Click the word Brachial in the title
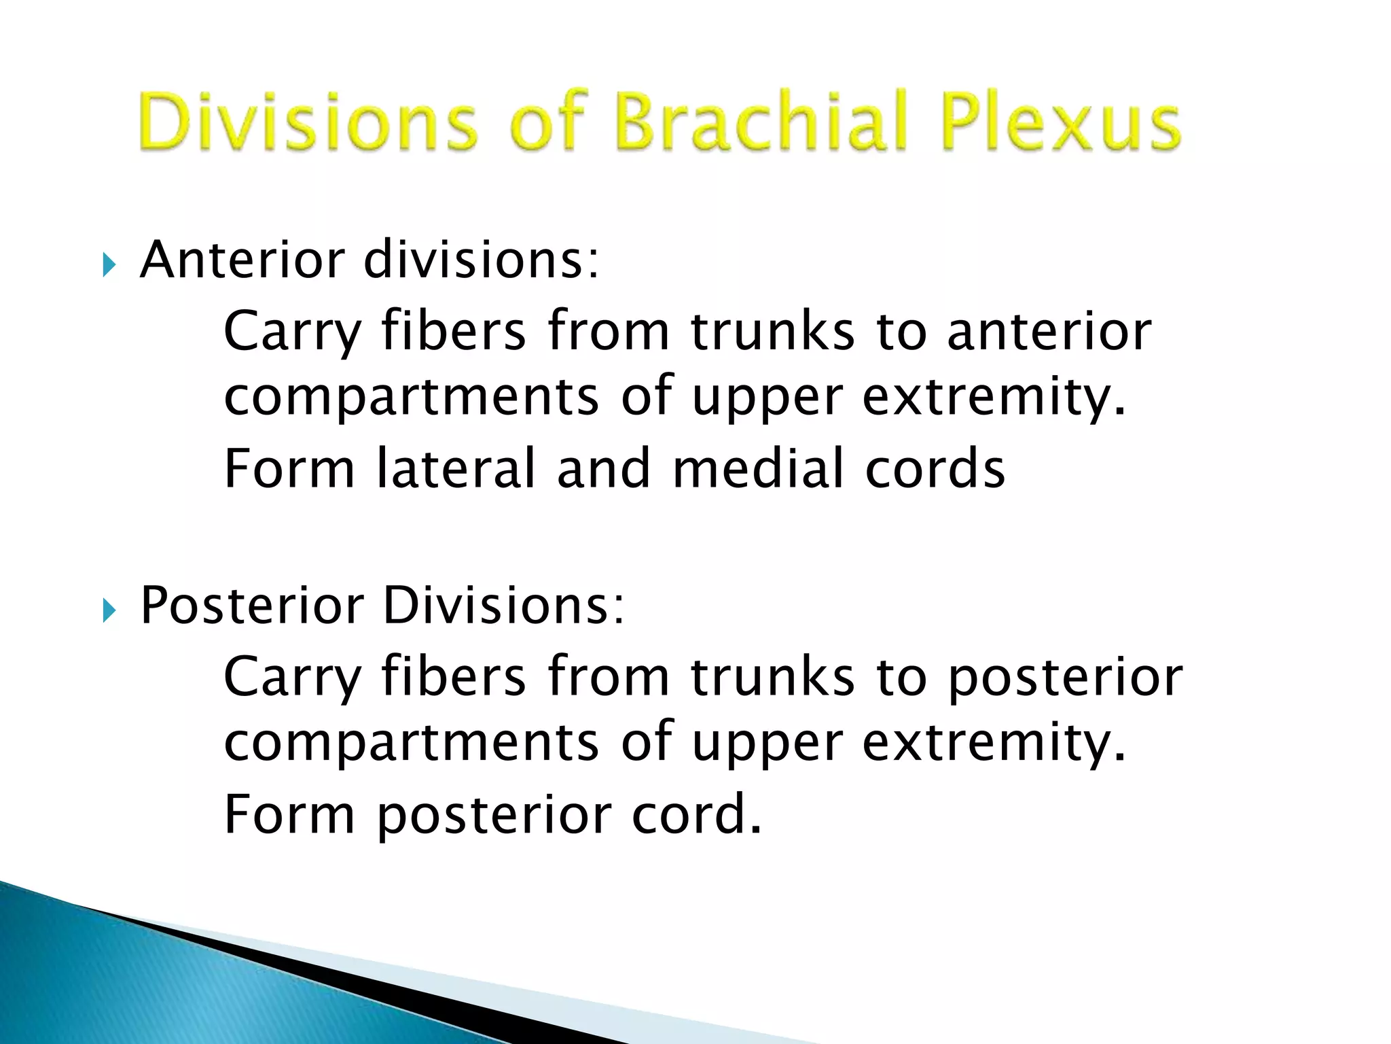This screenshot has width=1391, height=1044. pos(761,122)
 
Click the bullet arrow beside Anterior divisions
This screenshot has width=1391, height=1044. pos(109,264)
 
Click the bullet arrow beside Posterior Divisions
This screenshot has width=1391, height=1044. pos(109,610)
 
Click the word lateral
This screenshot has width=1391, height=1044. pos(456,468)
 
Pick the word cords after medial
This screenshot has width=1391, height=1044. pos(935,468)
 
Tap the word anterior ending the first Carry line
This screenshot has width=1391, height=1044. pos(1049,331)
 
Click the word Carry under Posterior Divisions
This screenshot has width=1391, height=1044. pos(293,678)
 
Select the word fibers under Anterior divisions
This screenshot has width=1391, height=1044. pos(453,331)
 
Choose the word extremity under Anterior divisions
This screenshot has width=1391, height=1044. pos(994,398)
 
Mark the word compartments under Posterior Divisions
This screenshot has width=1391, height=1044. pos(412,744)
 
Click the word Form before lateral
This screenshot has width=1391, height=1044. pos(289,468)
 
